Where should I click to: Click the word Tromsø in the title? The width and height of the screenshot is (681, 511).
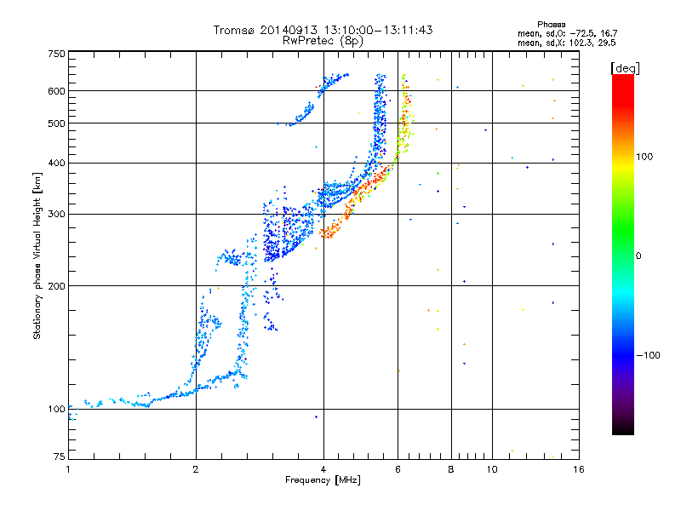233,30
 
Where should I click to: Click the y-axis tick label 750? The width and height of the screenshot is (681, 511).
57,53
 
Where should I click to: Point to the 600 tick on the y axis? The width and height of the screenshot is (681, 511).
57,90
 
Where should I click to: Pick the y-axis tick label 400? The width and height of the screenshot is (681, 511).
57,163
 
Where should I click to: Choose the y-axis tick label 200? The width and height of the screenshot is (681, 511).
57,285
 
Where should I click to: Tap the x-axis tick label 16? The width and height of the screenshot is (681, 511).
577,468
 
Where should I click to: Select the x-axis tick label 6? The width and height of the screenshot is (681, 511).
398,468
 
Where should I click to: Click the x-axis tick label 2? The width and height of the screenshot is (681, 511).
196,468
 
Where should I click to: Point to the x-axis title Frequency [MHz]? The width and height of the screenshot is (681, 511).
323,480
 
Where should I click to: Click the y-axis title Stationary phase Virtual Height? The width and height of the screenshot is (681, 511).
37,255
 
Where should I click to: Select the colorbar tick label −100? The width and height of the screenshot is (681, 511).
650,355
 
